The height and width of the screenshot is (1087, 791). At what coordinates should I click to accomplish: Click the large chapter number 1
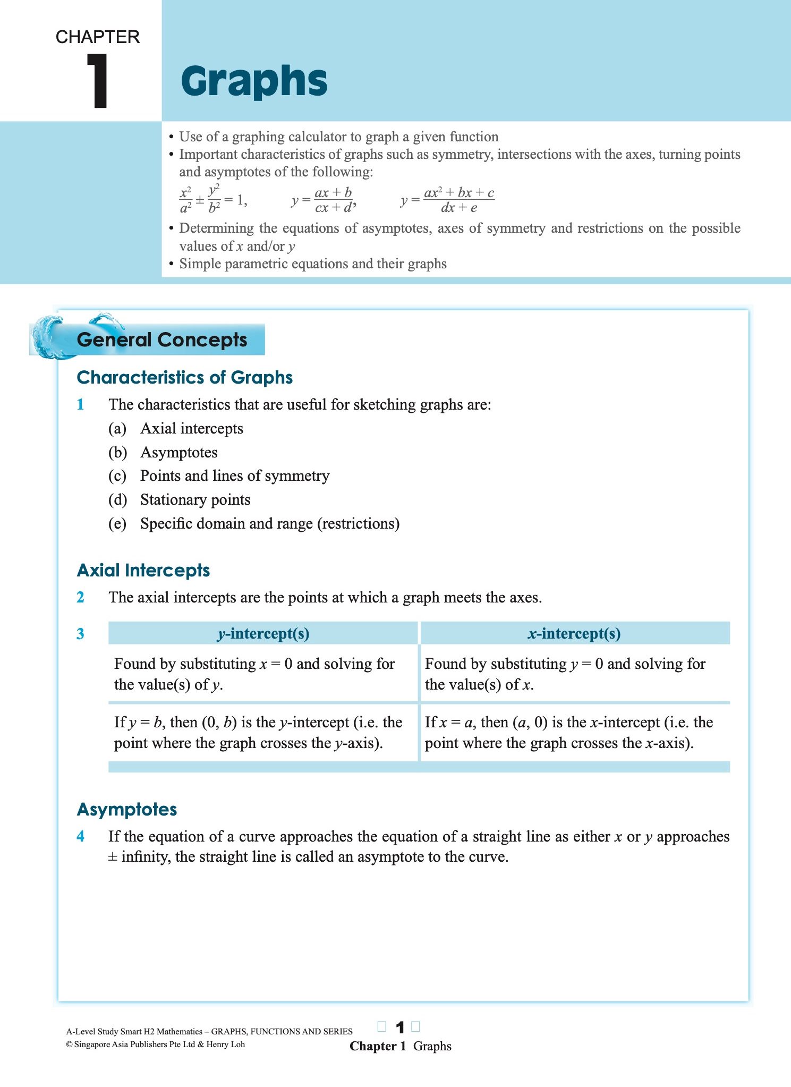[98, 81]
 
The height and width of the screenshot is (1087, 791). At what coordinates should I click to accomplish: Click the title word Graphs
[254, 81]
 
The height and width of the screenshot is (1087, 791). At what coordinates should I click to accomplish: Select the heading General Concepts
[162, 339]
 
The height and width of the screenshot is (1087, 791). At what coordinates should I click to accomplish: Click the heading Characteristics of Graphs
[185, 377]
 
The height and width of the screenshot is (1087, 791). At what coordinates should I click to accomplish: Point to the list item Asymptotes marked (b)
[178, 452]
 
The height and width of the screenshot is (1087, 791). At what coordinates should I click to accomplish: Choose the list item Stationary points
[195, 499]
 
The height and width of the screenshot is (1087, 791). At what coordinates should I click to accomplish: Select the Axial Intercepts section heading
[143, 570]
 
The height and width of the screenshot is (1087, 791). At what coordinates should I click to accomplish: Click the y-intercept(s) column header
[263, 633]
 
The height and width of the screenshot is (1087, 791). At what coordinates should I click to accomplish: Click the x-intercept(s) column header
[574, 633]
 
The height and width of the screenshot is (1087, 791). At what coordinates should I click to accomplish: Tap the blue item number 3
[80, 634]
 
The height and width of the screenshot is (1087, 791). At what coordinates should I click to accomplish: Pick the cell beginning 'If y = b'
[258, 732]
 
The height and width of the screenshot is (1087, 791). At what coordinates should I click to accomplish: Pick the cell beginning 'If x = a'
[568, 732]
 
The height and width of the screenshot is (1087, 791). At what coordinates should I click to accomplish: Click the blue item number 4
[80, 836]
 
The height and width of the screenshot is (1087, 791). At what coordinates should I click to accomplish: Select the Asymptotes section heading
[127, 809]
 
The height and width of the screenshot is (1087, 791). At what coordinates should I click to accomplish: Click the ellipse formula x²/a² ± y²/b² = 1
[213, 200]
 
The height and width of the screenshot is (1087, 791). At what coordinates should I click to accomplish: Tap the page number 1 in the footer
[400, 1027]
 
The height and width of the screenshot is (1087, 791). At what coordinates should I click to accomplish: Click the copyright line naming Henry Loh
[156, 1044]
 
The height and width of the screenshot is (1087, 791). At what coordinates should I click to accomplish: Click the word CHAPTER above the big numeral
[98, 37]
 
